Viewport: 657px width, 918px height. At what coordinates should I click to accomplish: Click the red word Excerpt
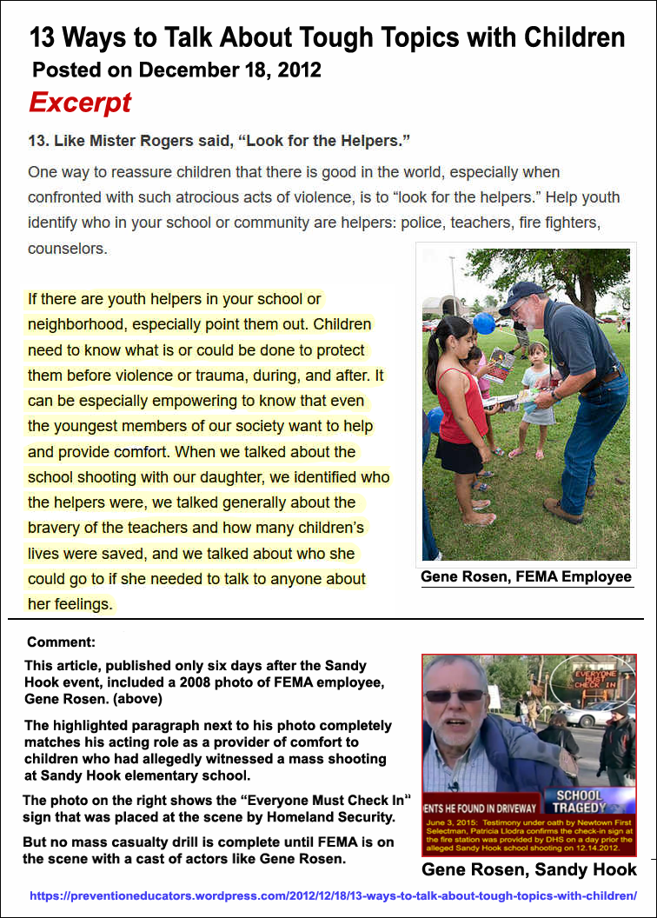80,103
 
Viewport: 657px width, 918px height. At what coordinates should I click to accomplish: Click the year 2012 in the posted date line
293,70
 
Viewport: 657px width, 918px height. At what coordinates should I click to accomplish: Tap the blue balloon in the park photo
484,323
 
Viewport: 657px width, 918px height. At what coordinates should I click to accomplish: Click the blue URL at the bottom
333,895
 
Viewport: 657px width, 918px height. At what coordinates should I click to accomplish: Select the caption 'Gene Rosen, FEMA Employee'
526,577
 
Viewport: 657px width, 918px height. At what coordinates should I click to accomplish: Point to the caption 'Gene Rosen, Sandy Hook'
528,869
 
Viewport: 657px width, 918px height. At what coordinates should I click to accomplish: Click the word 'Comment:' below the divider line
61,642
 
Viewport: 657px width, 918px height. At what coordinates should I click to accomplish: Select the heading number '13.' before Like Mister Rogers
38,141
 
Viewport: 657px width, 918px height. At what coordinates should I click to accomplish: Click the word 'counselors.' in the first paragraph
67,249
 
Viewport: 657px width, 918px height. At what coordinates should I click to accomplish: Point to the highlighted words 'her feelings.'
70,604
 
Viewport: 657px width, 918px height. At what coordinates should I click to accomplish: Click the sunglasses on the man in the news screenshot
454,695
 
